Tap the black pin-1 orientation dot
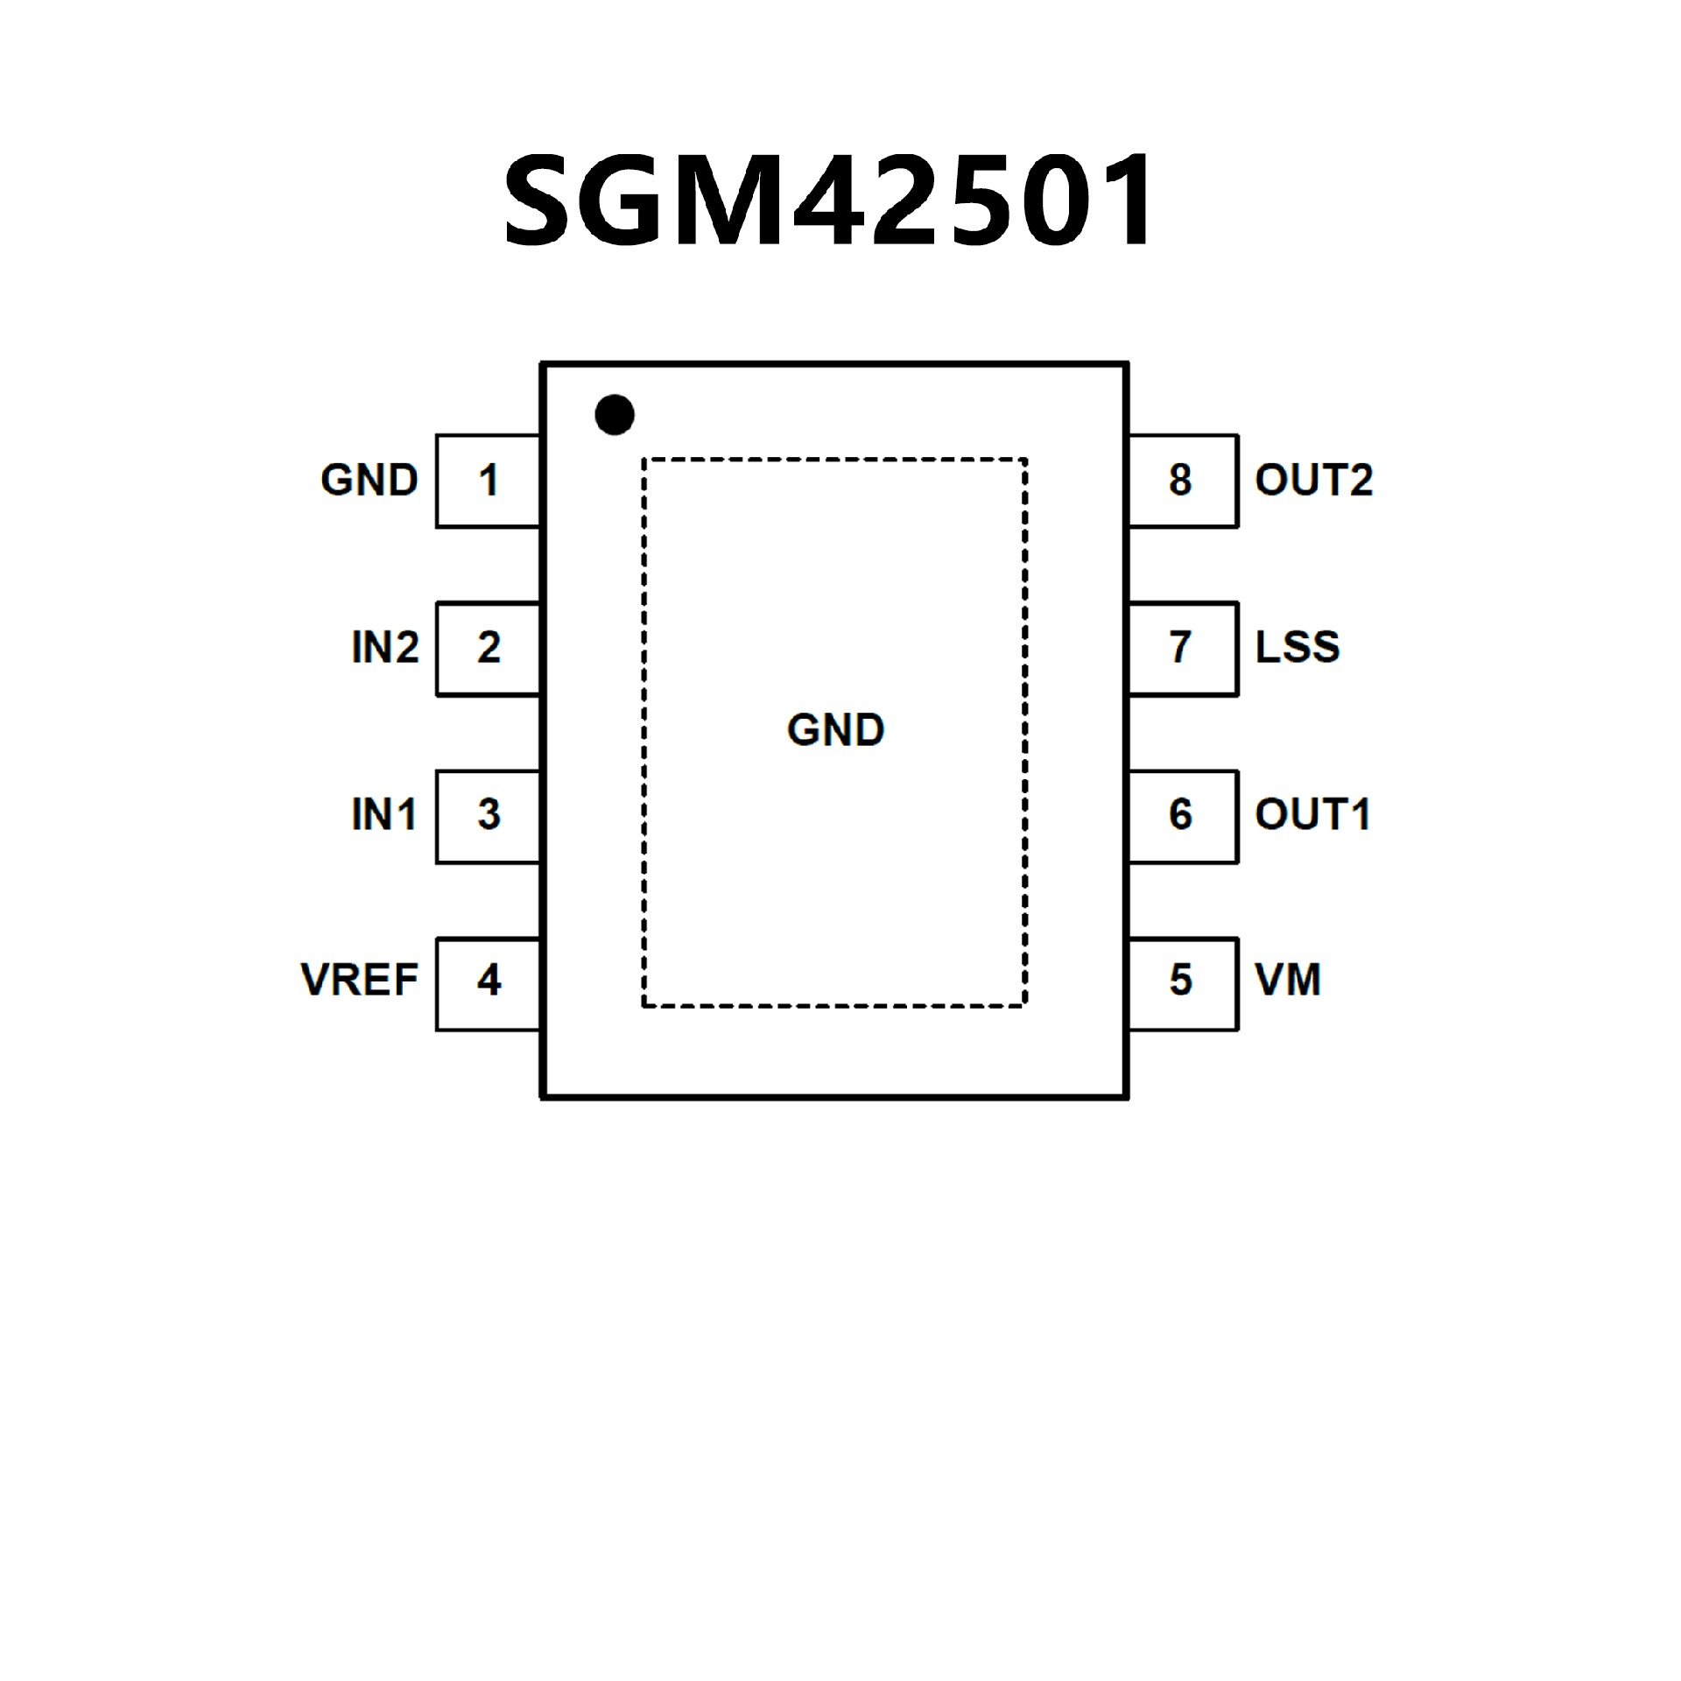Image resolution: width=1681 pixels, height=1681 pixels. tap(614, 414)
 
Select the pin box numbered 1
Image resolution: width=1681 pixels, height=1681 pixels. tap(488, 481)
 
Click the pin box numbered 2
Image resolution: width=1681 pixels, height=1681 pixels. tap(488, 648)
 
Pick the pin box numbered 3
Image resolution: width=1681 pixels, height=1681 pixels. tap(488, 815)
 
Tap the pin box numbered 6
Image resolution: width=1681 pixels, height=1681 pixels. tap(1181, 815)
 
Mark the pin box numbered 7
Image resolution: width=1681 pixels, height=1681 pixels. tap(1181, 648)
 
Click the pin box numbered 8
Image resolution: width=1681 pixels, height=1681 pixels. tap(1181, 481)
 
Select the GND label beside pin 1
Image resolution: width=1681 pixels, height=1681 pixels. tap(369, 481)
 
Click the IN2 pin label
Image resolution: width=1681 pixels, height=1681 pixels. tap(384, 648)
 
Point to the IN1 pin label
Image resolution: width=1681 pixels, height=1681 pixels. tap(383, 815)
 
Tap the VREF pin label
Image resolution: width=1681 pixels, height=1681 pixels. tap(359, 981)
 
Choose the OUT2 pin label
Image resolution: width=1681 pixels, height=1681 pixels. tap(1313, 481)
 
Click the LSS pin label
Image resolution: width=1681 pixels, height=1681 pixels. tap(1298, 648)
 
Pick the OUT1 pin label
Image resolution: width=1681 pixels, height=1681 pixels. tap(1312, 815)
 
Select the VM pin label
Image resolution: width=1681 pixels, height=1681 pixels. tap(1287, 981)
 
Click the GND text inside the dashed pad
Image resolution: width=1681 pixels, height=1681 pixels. tap(835, 730)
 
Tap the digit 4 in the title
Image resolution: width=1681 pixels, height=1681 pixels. tap(833, 201)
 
